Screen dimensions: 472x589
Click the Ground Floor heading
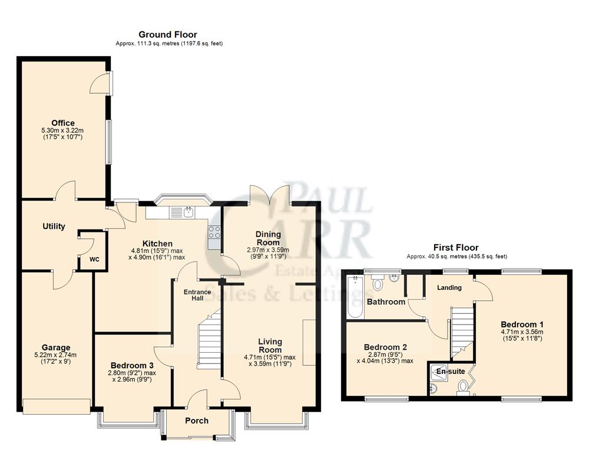[167, 35]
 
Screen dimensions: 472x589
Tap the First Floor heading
[456, 248]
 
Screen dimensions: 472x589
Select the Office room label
[62, 123]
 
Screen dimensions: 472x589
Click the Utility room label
[54, 227]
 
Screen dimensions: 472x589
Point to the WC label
[94, 259]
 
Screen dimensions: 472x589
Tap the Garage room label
[56, 348]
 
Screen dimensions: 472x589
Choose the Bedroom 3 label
[130, 365]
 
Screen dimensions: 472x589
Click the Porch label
[197, 421]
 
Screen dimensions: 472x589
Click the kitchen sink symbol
[189, 211]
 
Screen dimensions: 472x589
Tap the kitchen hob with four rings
[214, 232]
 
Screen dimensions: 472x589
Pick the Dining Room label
[268, 238]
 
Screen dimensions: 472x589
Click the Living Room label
[270, 346]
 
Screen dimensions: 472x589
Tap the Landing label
[449, 287]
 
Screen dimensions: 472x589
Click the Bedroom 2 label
[385, 347]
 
